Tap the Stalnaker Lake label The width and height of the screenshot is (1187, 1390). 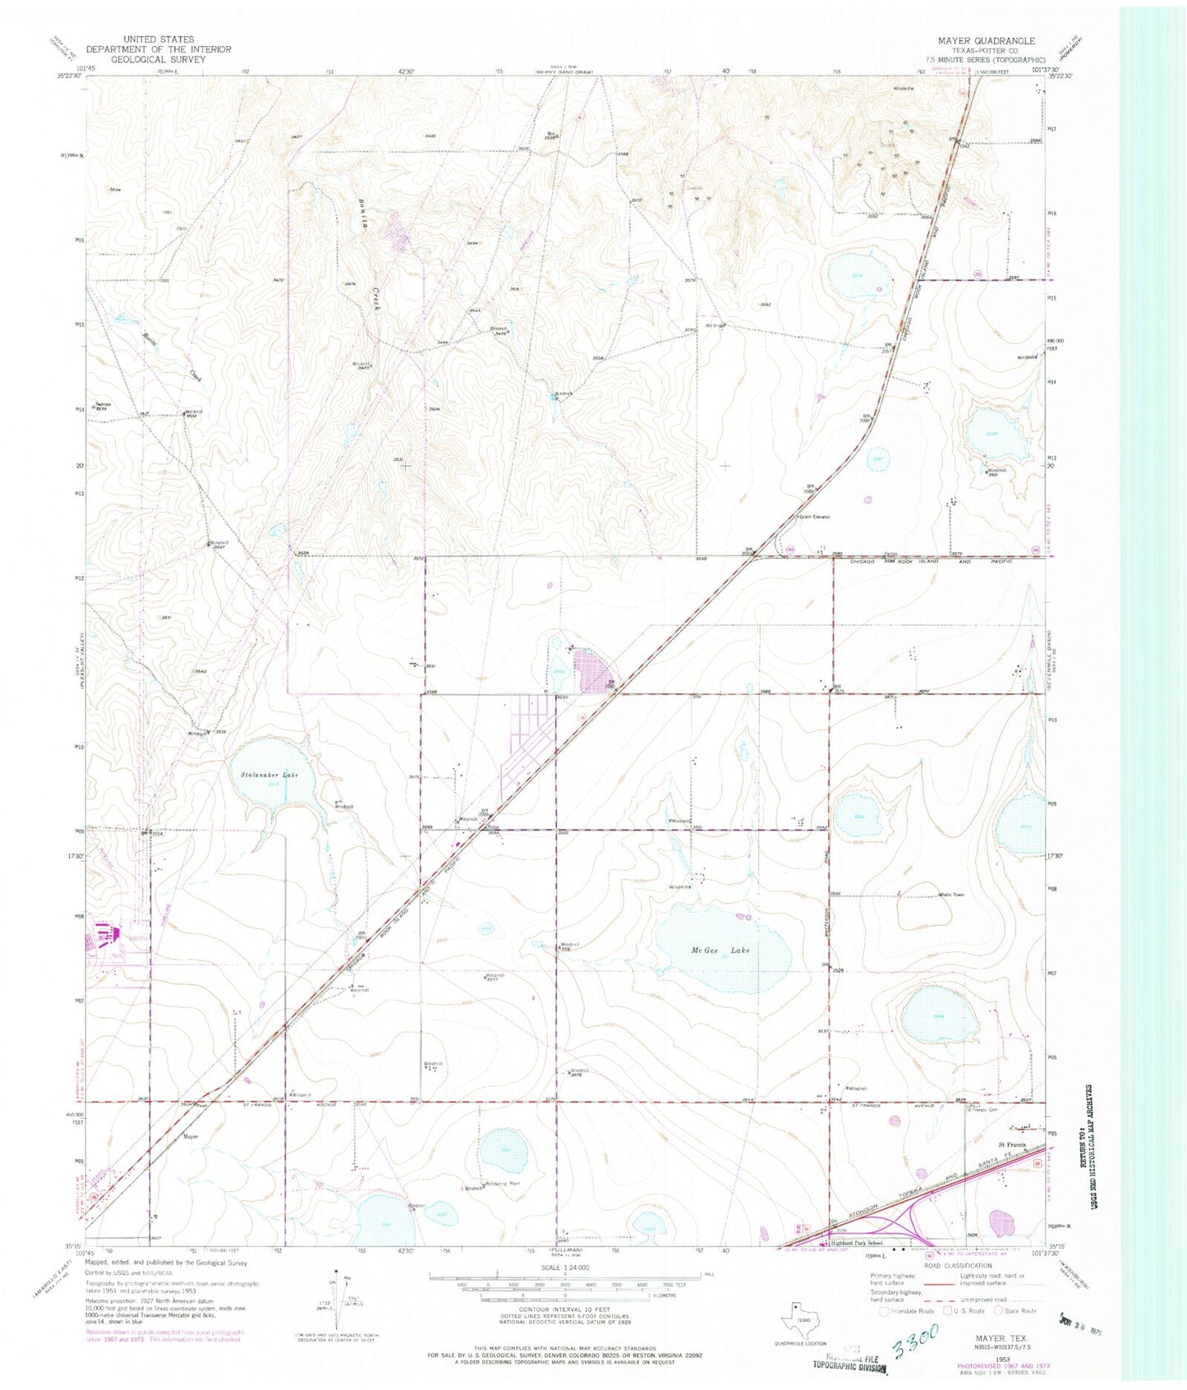(x=269, y=775)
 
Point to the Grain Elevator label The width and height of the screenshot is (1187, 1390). (x=814, y=517)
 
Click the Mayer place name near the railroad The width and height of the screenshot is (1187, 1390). (x=191, y=1137)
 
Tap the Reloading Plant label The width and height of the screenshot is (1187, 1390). (x=503, y=1184)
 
